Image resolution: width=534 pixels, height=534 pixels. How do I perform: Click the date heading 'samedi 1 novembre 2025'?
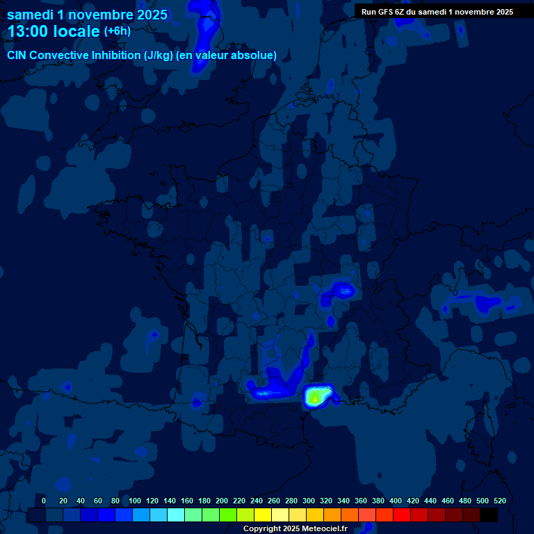click(87, 15)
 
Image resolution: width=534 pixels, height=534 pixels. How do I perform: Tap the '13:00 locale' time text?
click(54, 31)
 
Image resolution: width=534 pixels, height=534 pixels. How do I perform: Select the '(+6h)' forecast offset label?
click(117, 31)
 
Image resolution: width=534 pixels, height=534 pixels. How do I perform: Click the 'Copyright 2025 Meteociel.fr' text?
click(295, 529)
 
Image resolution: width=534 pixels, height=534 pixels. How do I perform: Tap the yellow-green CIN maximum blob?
click(315, 397)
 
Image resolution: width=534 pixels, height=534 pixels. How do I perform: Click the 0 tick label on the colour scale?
click(44, 501)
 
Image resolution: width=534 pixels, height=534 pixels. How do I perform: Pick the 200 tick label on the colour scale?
click(222, 501)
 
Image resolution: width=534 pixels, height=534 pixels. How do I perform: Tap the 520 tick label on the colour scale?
click(499, 501)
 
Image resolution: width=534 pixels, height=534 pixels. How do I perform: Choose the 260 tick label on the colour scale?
click(274, 501)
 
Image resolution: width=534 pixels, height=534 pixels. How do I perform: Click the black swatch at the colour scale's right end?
click(489, 515)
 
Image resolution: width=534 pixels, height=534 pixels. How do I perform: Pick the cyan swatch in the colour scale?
click(176, 515)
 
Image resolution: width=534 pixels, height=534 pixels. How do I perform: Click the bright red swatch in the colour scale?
click(402, 515)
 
